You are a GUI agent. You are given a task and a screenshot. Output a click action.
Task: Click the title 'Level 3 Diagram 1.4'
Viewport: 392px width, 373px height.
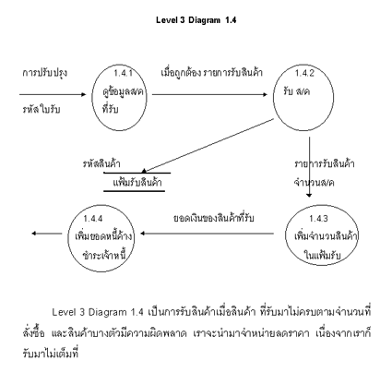[x=196, y=20]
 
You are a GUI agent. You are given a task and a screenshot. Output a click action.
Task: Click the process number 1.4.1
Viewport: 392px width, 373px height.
[x=123, y=73]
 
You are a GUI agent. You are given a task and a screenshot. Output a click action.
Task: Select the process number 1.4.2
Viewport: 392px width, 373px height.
[x=304, y=73]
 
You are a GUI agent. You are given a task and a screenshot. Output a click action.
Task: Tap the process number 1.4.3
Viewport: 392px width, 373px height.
[x=318, y=219]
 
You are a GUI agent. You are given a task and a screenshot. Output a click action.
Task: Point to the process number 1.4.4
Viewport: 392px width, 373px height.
[x=93, y=219]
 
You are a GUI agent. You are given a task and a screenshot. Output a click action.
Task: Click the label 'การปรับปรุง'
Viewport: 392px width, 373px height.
[x=45, y=74]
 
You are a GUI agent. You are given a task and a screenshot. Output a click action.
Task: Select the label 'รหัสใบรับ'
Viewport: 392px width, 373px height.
[x=42, y=109]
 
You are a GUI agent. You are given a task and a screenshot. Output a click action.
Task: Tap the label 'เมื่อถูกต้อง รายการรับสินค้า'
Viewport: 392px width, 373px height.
[x=212, y=73]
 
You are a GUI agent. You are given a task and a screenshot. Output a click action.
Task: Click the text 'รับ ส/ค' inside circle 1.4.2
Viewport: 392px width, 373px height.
[x=297, y=91]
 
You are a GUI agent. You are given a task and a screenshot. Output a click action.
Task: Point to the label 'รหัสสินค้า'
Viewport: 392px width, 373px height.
[x=101, y=163]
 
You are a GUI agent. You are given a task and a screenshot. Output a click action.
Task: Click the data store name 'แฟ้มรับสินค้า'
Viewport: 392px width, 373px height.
[x=137, y=183]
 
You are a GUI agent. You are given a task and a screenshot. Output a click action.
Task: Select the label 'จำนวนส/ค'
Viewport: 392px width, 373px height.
[x=314, y=183]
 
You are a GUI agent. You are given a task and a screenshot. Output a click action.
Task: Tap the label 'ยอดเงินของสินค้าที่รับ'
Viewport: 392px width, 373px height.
[x=214, y=218]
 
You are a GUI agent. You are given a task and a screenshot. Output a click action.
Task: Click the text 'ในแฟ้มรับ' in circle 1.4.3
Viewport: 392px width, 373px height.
[x=322, y=255]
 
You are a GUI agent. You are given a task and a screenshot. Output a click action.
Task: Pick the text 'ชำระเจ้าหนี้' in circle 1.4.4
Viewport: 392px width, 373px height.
[x=104, y=255]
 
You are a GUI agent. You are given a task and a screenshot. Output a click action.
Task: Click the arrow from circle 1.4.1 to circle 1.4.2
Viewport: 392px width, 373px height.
[x=209, y=94]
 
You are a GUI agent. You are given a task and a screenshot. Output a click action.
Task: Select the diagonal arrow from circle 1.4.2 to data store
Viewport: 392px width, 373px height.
[x=208, y=146]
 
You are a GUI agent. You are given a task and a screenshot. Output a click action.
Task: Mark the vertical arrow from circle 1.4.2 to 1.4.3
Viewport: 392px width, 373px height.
[x=309, y=167]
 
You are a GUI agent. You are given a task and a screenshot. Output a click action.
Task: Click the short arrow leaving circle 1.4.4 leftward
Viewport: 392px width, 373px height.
[x=47, y=234]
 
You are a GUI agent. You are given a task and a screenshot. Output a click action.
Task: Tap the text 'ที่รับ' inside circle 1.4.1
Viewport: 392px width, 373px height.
[x=111, y=109]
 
